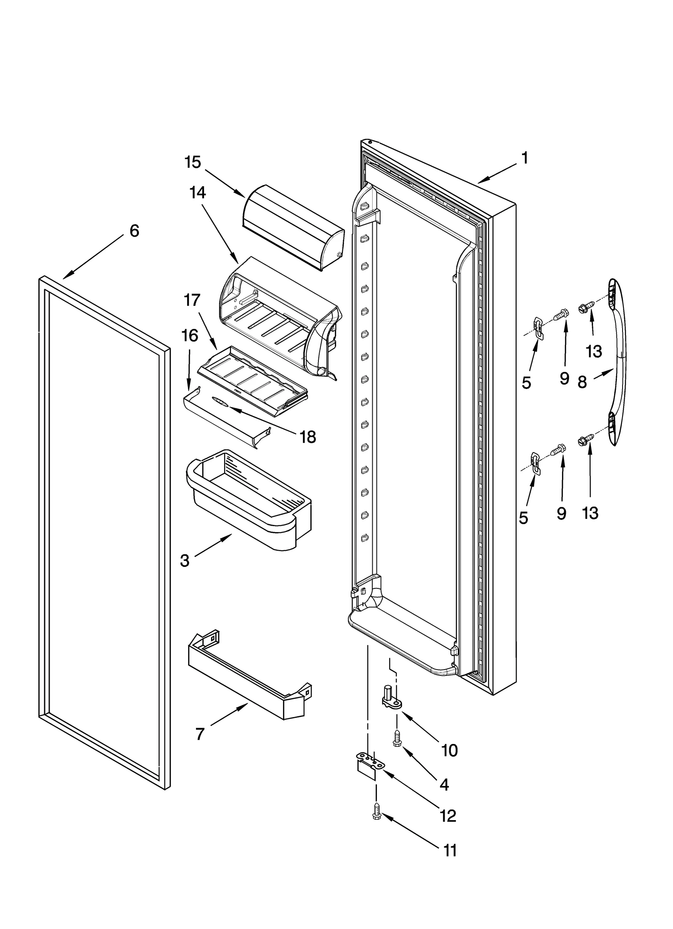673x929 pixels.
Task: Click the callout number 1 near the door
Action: pyautogui.click(x=524, y=158)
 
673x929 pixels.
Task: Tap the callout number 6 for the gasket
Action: pyautogui.click(x=134, y=230)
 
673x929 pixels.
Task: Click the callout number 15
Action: pyautogui.click(x=193, y=162)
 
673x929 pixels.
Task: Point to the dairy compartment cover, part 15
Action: pyautogui.click(x=292, y=228)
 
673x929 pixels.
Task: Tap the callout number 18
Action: pyautogui.click(x=308, y=437)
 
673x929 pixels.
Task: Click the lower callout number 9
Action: pyautogui.click(x=562, y=513)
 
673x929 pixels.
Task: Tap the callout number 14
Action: pyautogui.click(x=197, y=193)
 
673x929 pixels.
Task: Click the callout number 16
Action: pyautogui.click(x=190, y=336)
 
